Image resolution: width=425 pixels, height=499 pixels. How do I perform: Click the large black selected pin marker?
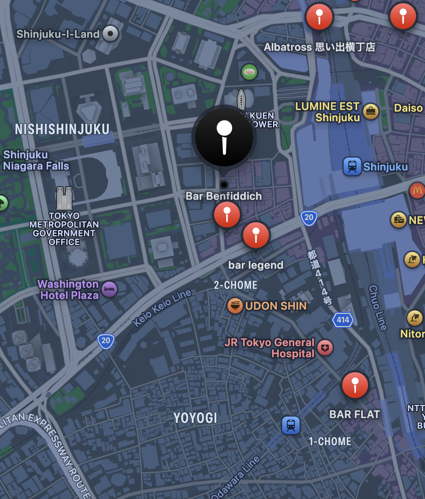[x=224, y=137]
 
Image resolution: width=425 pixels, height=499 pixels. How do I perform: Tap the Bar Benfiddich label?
[x=224, y=196]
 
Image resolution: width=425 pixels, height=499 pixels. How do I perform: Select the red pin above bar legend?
[x=256, y=235]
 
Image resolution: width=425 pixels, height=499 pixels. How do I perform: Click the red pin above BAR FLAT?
[x=355, y=385]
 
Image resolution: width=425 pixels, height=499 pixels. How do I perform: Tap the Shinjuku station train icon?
[x=352, y=166]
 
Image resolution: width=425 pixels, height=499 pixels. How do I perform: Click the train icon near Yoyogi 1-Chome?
[x=291, y=425]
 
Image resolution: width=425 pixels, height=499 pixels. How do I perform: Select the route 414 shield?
[x=343, y=320]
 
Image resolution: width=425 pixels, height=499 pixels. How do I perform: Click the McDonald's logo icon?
[x=417, y=190]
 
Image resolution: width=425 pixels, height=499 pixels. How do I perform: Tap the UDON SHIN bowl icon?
[x=235, y=305]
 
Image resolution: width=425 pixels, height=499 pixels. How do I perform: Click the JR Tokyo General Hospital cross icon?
[x=325, y=348]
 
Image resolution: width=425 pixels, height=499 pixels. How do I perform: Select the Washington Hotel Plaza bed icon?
[x=109, y=289]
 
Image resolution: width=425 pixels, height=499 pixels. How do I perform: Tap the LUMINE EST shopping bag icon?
[x=371, y=112]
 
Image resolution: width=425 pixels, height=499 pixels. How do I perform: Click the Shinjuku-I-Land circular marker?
[x=110, y=34]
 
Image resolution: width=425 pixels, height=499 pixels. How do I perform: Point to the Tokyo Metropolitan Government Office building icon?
[x=64, y=198]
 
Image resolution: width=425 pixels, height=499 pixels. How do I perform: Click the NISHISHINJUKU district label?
[x=62, y=129]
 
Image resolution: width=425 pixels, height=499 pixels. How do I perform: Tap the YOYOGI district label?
[x=195, y=418]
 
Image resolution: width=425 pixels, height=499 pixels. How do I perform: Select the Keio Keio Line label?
[x=162, y=307]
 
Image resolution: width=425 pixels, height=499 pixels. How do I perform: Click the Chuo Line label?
[x=378, y=308]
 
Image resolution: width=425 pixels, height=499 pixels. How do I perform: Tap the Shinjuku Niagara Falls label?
[x=36, y=160]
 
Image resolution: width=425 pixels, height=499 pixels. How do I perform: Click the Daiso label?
[x=408, y=108]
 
